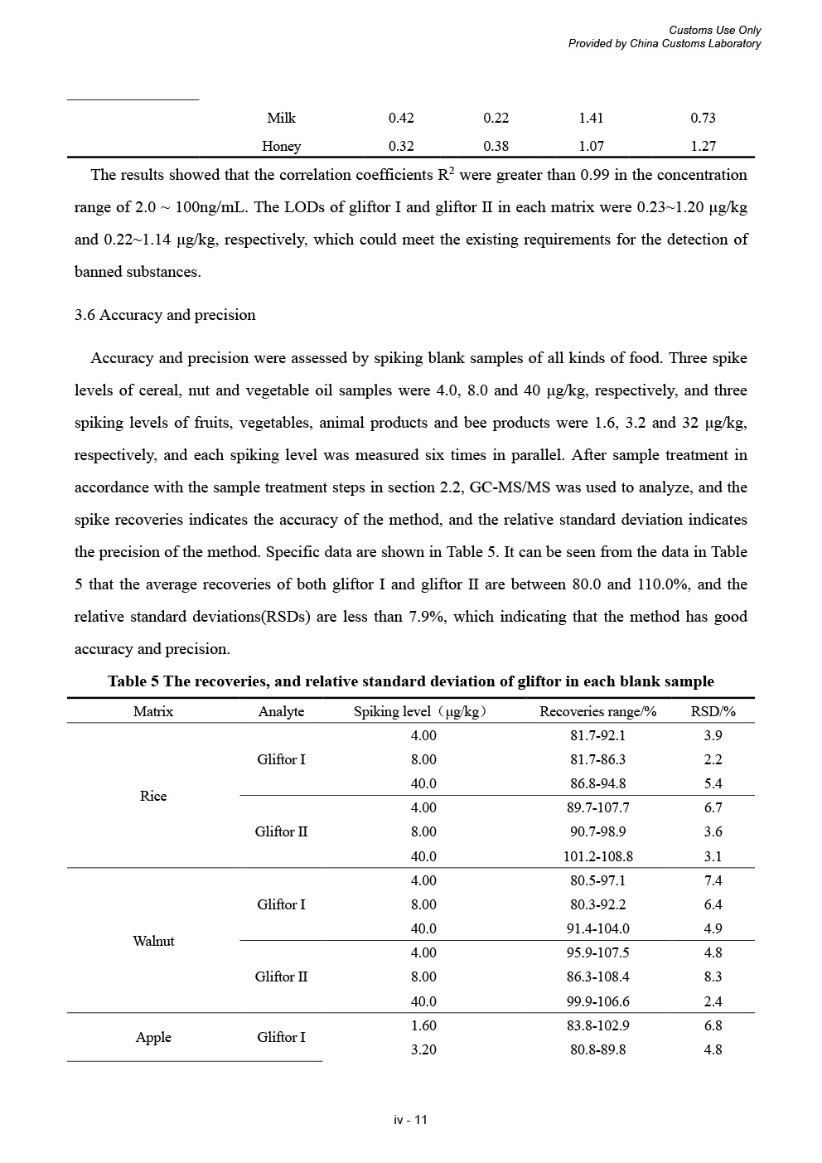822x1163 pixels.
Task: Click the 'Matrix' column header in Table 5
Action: click(153, 711)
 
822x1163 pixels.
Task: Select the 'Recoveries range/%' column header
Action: click(597, 711)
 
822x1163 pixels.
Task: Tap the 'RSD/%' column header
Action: click(713, 711)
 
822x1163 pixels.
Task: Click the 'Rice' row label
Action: click(153, 796)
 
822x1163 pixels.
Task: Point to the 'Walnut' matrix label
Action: click(153, 941)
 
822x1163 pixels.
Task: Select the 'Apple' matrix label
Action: click(153, 1037)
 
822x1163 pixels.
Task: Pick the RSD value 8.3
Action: click(713, 976)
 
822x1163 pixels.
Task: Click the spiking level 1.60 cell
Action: click(423, 1025)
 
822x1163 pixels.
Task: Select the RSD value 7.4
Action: click(713, 880)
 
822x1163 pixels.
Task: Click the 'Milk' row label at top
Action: click(281, 118)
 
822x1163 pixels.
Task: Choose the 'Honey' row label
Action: click(281, 146)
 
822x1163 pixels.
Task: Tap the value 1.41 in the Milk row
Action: click(591, 118)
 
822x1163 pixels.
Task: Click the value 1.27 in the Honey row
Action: click(703, 146)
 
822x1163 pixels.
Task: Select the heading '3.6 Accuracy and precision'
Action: click(165, 315)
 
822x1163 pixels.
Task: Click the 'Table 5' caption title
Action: click(410, 681)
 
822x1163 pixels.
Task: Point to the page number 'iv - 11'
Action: click(410, 1120)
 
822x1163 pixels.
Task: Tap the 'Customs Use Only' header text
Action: click(714, 31)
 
